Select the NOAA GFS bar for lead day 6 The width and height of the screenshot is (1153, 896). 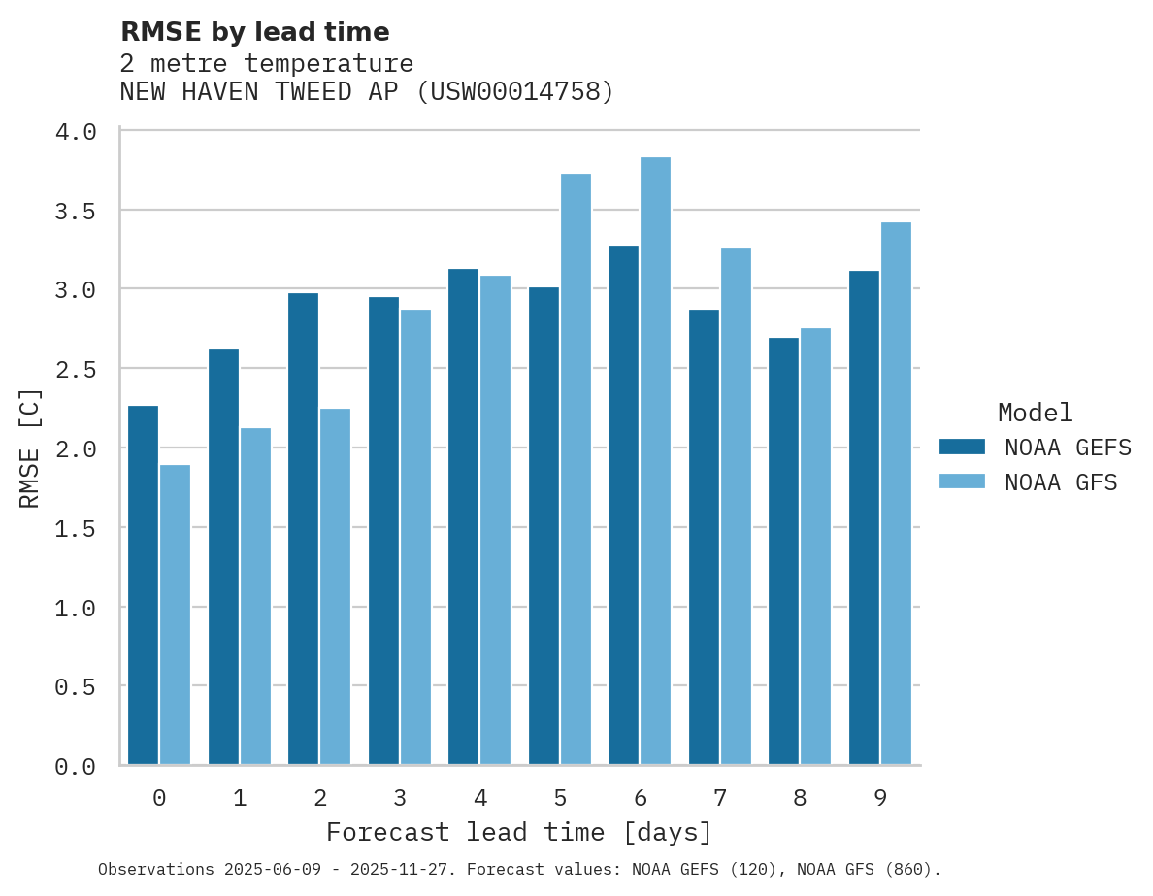point(655,461)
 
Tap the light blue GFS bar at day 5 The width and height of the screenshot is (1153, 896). point(576,470)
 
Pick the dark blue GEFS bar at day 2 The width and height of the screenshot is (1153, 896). point(303,529)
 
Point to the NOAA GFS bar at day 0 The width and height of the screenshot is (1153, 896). point(175,615)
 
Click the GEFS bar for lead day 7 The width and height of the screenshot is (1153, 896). point(704,538)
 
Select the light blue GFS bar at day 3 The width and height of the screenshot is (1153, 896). point(415,538)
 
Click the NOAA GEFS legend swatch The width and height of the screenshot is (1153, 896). point(962,447)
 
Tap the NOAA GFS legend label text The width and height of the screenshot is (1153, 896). point(1061,482)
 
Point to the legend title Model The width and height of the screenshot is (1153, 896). point(1035,414)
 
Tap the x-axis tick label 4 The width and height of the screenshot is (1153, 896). point(479,799)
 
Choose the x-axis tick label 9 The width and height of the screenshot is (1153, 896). point(879,799)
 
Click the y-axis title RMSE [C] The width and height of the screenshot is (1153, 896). point(31,448)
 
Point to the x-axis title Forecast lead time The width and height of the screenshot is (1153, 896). point(519,833)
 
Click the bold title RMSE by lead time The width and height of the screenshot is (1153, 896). point(254,32)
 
